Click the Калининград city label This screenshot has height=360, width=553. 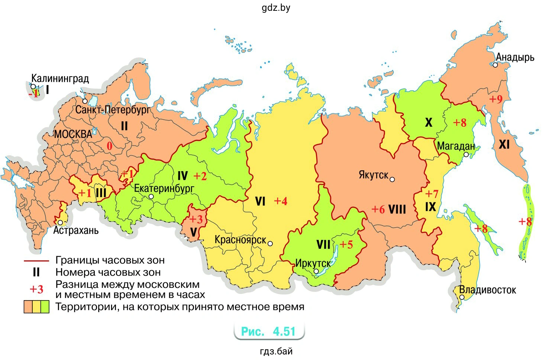60,78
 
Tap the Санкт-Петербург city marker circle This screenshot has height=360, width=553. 85,101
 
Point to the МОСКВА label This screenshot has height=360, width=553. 73,134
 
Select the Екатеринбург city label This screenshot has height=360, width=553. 164,188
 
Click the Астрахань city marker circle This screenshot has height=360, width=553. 61,222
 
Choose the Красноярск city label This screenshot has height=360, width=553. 240,240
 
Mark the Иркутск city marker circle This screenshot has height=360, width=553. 316,271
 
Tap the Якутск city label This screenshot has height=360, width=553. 373,175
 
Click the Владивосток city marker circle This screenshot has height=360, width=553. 462,297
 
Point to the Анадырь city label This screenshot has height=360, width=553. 515,57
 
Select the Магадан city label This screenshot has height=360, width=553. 456,146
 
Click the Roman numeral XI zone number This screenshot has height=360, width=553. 504,144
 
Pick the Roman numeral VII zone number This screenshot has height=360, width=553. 323,245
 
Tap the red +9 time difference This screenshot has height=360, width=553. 495,99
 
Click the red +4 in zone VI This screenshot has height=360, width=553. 281,201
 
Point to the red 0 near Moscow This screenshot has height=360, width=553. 109,146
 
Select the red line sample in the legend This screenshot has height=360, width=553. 36,261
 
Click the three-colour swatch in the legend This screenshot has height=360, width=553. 36,307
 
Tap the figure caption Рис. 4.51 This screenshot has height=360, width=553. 268,331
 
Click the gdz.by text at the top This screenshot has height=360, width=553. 276,8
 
